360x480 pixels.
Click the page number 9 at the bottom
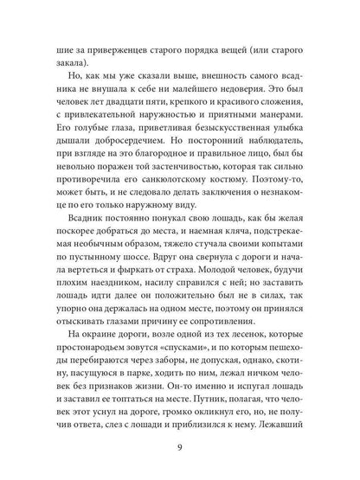180,448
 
